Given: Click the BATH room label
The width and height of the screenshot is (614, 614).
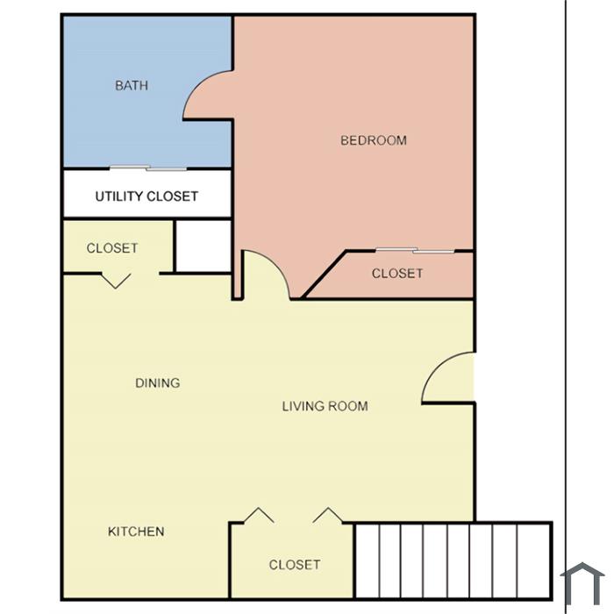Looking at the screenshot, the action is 132,85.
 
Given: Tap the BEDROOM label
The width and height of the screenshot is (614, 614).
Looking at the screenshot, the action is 374,140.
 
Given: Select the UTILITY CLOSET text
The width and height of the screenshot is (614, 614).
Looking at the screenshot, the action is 146,196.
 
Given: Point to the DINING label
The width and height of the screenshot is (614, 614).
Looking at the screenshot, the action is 157,382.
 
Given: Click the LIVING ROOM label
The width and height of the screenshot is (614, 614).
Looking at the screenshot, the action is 325,406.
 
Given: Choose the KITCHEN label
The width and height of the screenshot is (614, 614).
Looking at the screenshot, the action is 136,532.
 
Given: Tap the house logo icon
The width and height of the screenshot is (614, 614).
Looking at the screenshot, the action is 582,583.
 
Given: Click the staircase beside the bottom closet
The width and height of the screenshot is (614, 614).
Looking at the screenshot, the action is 453,560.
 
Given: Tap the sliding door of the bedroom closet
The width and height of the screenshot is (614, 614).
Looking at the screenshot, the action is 415,251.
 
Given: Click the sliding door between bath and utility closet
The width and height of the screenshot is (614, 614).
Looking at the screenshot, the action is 148,168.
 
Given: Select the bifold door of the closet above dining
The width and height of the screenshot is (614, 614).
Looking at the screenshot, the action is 116,281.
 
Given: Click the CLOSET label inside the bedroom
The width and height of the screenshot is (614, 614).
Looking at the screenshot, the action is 397,274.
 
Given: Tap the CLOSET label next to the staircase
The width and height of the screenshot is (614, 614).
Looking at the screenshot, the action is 295,564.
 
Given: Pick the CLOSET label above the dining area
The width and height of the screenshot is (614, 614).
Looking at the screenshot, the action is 112,248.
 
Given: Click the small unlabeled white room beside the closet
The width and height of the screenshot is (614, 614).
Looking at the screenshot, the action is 203,246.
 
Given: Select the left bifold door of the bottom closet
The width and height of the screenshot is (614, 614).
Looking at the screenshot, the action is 259,516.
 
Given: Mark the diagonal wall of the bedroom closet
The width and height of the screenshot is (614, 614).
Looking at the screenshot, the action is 325,274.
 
